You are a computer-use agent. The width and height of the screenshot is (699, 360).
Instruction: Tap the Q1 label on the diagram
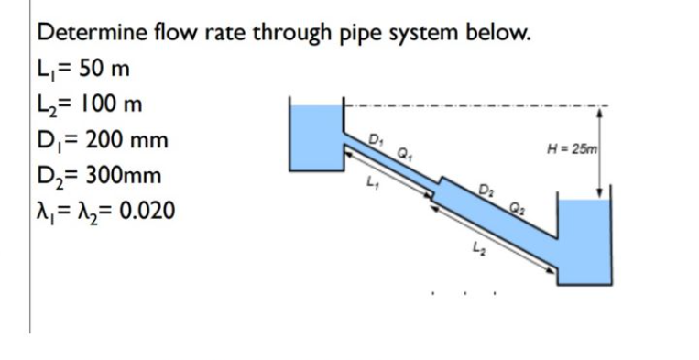[402, 153]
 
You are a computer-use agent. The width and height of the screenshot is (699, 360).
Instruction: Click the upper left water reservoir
[314, 137]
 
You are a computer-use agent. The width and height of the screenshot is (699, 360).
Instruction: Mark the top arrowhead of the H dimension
[599, 110]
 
